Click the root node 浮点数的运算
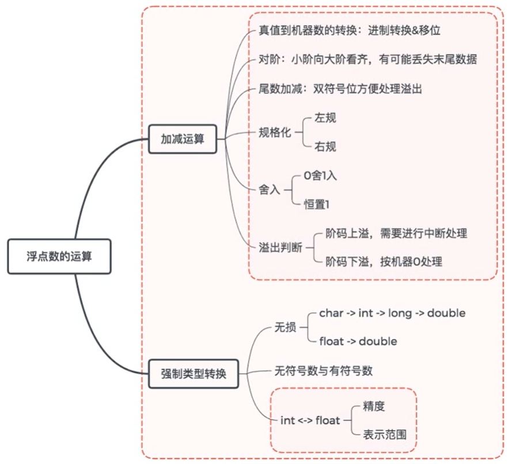(59, 256)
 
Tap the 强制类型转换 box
(193, 374)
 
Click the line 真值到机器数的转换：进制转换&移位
(350, 31)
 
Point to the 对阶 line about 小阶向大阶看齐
(367, 59)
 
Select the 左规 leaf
(325, 118)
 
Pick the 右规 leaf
(325, 147)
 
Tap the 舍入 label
(270, 190)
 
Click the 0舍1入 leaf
(320, 176)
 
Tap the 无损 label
(285, 327)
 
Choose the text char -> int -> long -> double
(392, 313)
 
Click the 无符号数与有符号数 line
(323, 371)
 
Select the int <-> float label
(310, 420)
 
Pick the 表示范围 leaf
(384, 435)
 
